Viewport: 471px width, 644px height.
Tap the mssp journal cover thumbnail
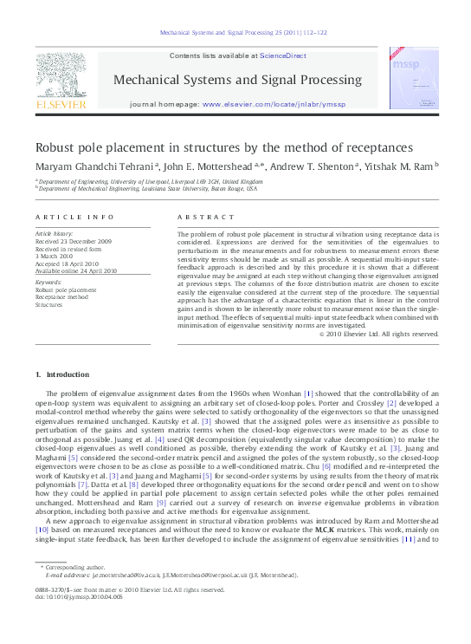tap(407, 79)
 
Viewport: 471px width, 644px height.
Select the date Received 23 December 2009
tap(74, 241)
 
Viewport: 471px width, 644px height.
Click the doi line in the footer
tap(74, 621)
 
